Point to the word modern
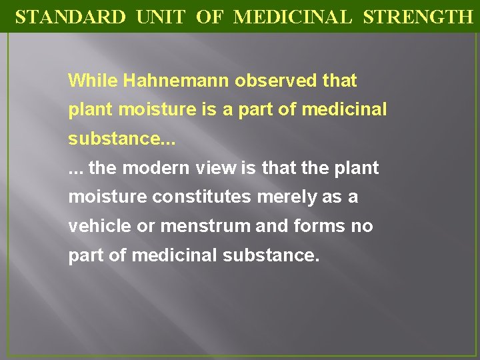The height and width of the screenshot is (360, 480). [152, 168]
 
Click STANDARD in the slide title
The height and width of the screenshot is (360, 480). [70, 17]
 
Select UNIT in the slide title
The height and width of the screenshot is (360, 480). [160, 17]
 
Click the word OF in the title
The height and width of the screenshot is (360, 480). [209, 17]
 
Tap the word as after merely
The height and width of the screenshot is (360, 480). [336, 197]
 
